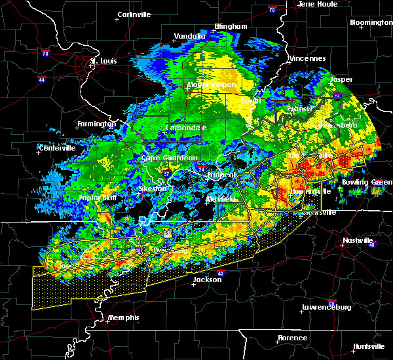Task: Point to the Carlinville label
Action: tap(134, 14)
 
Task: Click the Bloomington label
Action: tap(371, 22)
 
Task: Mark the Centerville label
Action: tap(57, 149)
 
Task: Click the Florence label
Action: tap(292, 338)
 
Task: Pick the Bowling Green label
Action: tap(367, 182)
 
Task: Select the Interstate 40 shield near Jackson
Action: tap(219, 273)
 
